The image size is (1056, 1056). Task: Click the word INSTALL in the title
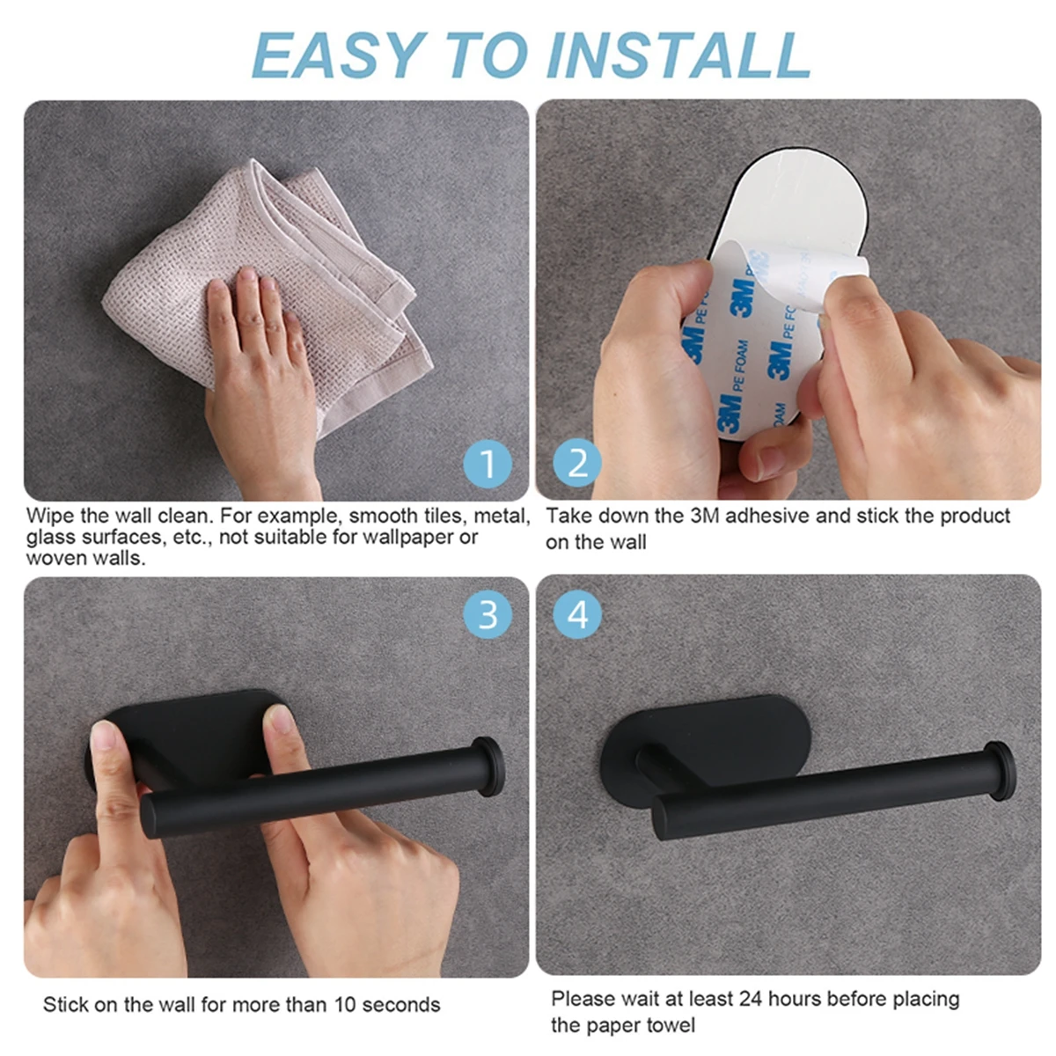click(x=678, y=55)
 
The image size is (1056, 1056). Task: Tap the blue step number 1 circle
click(x=488, y=463)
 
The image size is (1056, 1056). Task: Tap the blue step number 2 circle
click(x=577, y=463)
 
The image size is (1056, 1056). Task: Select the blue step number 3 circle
click(x=488, y=614)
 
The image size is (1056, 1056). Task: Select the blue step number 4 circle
click(x=577, y=614)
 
